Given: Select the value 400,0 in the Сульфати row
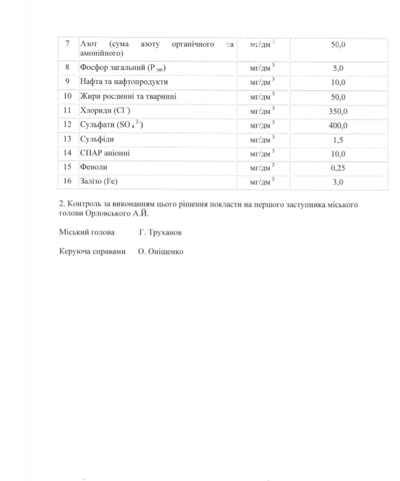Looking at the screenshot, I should (x=338, y=126).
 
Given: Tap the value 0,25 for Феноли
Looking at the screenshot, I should (x=338, y=168).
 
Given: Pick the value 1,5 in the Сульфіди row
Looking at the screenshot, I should (x=338, y=140).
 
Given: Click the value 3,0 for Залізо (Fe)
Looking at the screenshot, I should (x=338, y=183).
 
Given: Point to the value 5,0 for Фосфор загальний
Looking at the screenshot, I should (x=338, y=68).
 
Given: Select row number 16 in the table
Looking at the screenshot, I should (x=67, y=182).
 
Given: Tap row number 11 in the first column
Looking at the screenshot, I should (x=67, y=111).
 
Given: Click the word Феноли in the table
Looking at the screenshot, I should (x=94, y=168).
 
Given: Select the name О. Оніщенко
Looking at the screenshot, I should (x=160, y=252).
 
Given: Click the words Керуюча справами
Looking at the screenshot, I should (x=92, y=252).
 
